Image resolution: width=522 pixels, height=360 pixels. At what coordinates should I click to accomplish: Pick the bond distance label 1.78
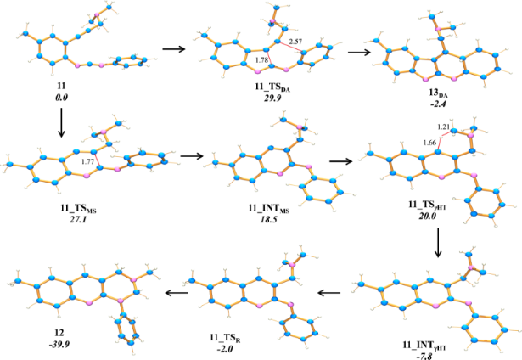[x=261, y=59]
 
